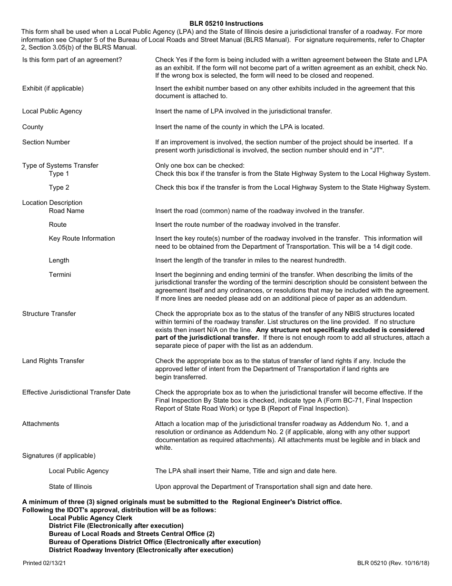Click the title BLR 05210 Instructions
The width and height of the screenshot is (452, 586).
(226, 23)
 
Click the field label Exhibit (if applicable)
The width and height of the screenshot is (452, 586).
(53, 88)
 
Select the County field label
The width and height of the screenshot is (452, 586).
(33, 127)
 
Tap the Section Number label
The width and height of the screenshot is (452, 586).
(46, 142)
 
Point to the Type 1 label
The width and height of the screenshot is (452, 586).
(59, 173)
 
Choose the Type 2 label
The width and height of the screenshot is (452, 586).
(59, 187)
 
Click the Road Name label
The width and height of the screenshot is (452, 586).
(67, 211)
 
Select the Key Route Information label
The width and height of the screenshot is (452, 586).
(82, 238)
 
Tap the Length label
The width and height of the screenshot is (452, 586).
(59, 260)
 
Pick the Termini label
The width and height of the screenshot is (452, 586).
(60, 274)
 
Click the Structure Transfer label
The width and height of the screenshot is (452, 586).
(49, 313)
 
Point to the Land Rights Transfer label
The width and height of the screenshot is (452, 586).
(53, 361)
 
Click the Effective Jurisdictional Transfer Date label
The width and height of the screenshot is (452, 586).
(76, 392)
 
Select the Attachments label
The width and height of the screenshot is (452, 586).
(41, 424)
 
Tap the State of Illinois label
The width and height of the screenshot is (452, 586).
(70, 486)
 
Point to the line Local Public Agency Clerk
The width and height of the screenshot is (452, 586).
(90, 518)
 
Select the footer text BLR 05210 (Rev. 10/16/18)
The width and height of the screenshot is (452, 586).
(393, 563)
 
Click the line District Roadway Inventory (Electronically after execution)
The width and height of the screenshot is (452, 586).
(141, 550)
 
